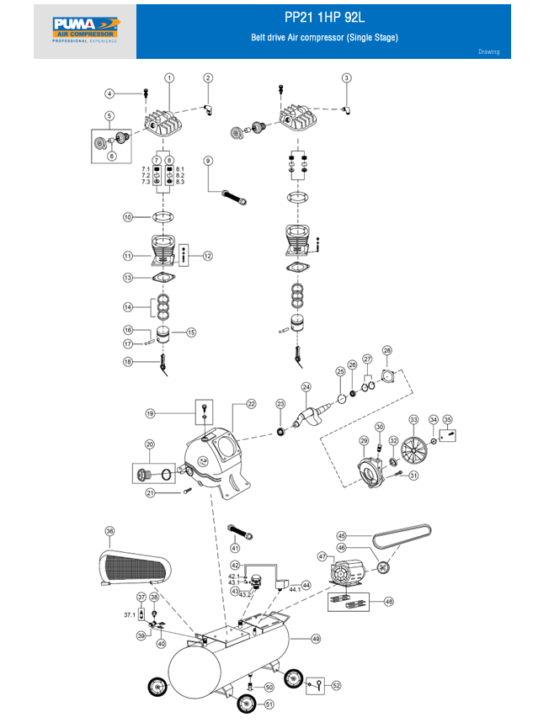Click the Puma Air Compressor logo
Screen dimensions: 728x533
pyautogui.click(x=85, y=30)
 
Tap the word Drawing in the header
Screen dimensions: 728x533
pyautogui.click(x=488, y=52)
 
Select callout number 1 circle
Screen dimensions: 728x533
pyautogui.click(x=169, y=77)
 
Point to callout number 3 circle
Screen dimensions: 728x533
pyautogui.click(x=346, y=77)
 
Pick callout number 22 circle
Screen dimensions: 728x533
pyautogui.click(x=251, y=404)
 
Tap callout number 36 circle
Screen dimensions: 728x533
pyautogui.click(x=109, y=531)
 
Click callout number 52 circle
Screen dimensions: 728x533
pyautogui.click(x=335, y=685)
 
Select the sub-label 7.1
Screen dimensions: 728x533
pyautogui.click(x=145, y=169)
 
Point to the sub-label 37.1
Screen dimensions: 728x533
pyautogui.click(x=130, y=615)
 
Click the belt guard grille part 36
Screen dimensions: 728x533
pyautogui.click(x=135, y=566)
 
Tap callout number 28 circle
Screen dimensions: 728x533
pyautogui.click(x=387, y=350)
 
